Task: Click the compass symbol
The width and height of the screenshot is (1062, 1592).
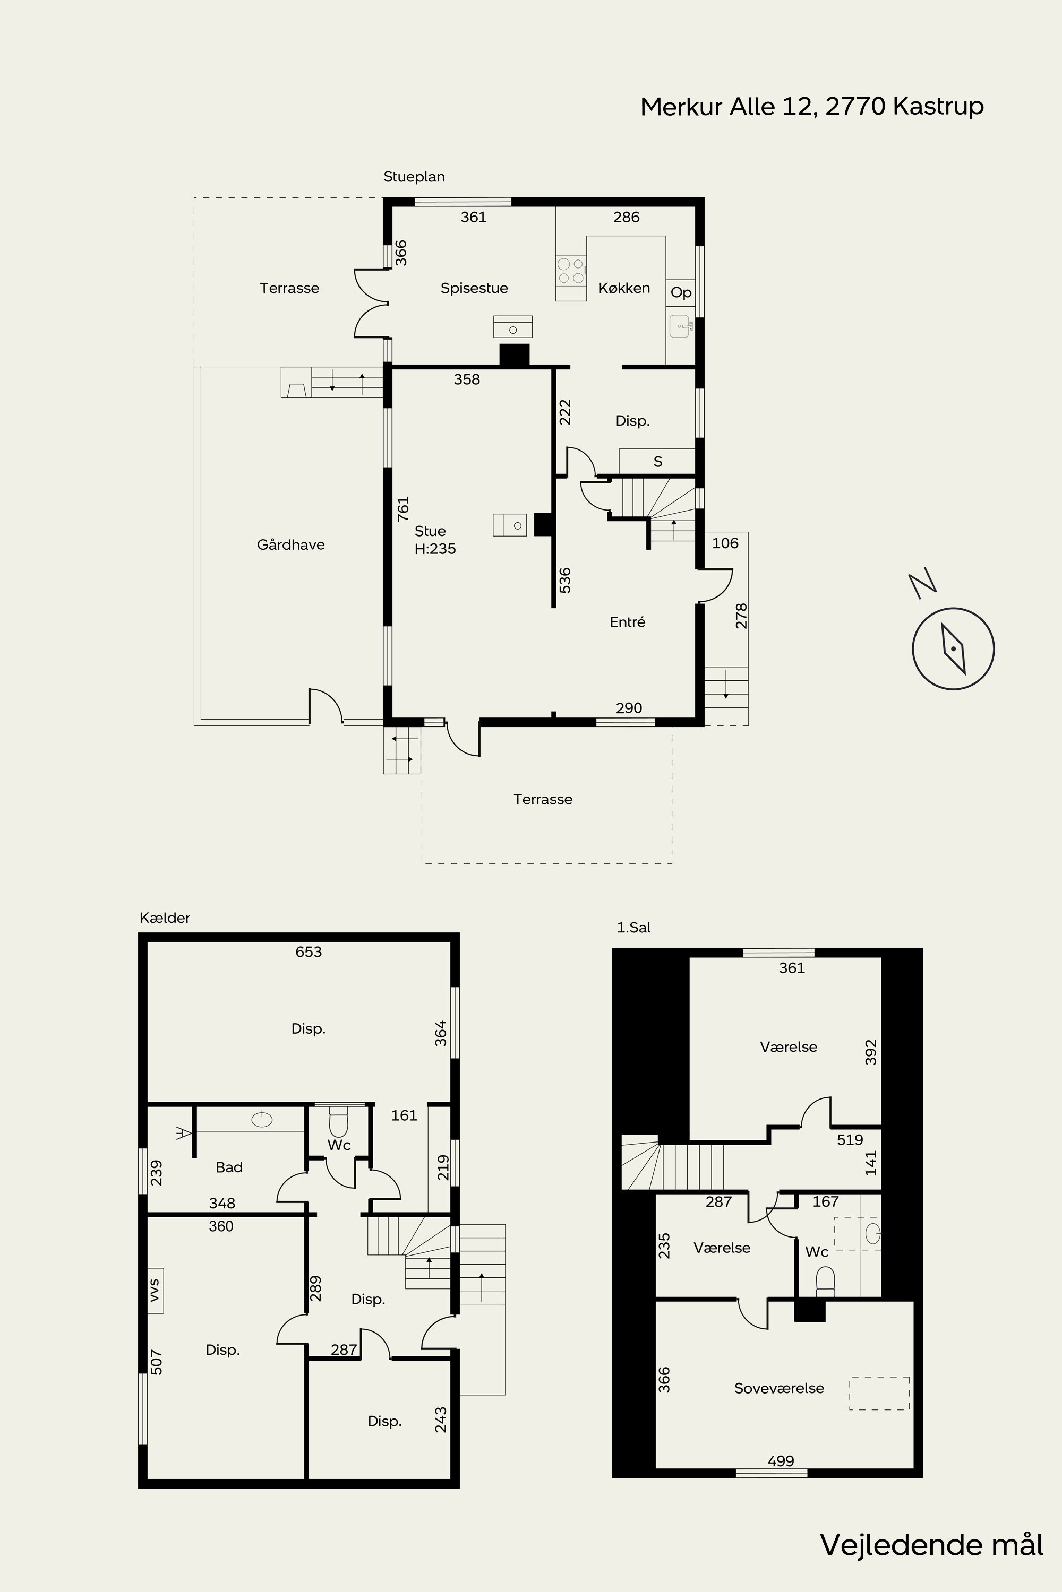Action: (x=953, y=648)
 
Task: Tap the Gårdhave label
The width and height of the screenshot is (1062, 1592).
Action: (x=290, y=545)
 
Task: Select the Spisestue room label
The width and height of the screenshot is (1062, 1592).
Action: (x=474, y=288)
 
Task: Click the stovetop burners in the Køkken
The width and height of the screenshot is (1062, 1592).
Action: (x=570, y=271)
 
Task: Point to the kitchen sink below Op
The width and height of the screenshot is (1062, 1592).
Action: (x=680, y=326)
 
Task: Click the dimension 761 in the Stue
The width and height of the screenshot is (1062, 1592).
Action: (x=403, y=508)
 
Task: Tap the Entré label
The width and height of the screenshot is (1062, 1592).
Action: (x=627, y=622)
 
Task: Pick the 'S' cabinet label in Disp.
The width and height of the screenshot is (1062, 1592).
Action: (x=658, y=462)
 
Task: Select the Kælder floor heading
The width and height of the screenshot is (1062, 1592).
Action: (x=165, y=918)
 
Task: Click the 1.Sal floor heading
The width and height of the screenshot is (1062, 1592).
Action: (x=633, y=927)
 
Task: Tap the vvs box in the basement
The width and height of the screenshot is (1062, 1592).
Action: (x=155, y=1290)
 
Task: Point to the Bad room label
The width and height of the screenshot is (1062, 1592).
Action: (x=229, y=1167)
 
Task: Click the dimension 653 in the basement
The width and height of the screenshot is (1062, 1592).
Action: (x=308, y=951)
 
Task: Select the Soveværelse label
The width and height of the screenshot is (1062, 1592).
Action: (x=779, y=1388)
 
